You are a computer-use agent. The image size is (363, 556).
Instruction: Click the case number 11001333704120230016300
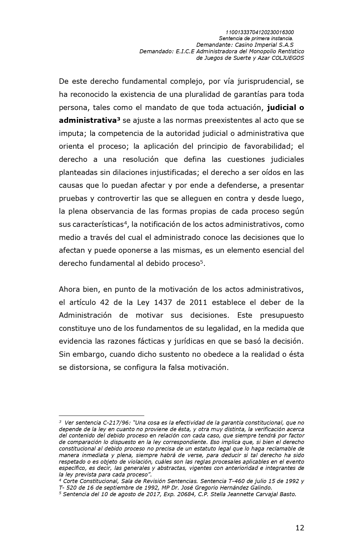(259, 32)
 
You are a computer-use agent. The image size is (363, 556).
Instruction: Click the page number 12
(300, 528)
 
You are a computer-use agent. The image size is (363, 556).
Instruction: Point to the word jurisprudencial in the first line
(260, 81)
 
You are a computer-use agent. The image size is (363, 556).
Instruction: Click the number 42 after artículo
(105, 302)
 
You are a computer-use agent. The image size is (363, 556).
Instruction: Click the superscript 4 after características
(125, 223)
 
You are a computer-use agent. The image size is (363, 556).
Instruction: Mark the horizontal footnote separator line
(101, 416)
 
